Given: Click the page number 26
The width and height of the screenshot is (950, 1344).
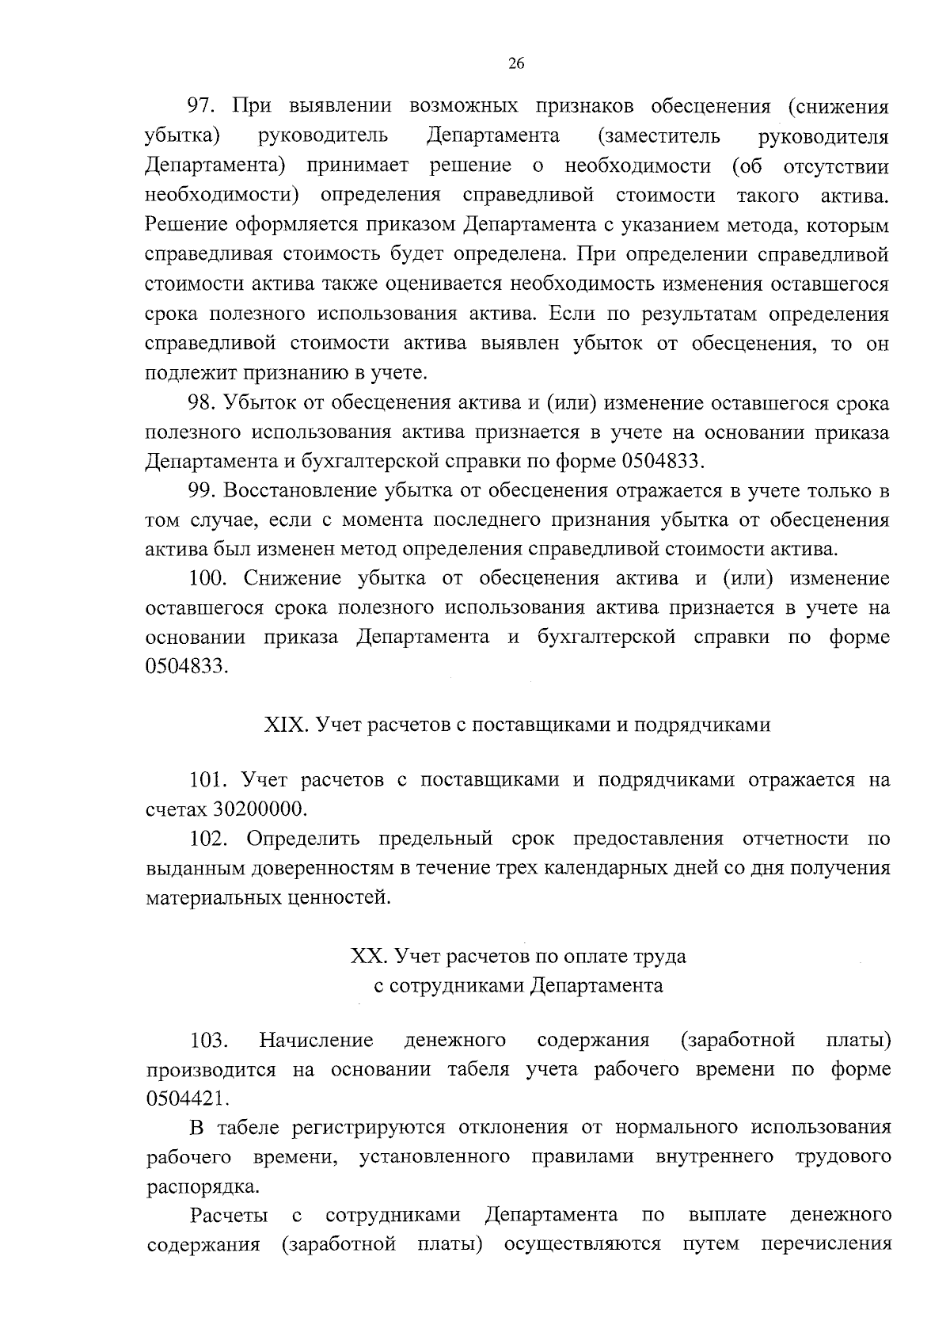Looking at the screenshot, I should coord(516,65).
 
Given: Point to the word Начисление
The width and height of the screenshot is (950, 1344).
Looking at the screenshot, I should coord(316,1040).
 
